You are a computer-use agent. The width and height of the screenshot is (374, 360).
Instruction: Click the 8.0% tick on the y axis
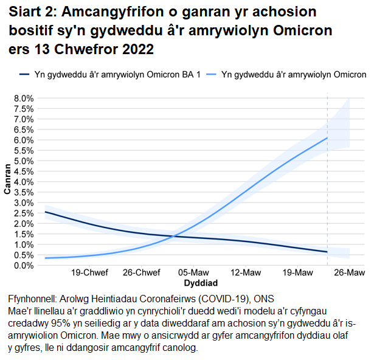click(x=23, y=98)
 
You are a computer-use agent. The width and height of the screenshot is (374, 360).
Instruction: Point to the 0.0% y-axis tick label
click(x=23, y=266)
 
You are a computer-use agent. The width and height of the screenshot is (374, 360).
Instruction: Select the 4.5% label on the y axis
click(x=23, y=171)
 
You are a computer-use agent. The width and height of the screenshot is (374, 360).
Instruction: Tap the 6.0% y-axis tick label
click(x=23, y=140)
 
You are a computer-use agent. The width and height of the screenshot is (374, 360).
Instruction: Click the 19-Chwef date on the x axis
click(x=90, y=273)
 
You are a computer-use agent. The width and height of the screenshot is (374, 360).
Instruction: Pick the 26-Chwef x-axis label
click(x=142, y=273)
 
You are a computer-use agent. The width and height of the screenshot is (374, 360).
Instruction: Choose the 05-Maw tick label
click(x=195, y=273)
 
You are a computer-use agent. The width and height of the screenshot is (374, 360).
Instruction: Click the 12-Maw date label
click(x=245, y=273)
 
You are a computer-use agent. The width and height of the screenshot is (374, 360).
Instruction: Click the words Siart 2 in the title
click(x=32, y=13)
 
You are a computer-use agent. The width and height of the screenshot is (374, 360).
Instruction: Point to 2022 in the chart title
click(x=135, y=50)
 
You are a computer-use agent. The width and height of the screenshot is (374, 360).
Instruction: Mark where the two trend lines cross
click(x=174, y=236)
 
